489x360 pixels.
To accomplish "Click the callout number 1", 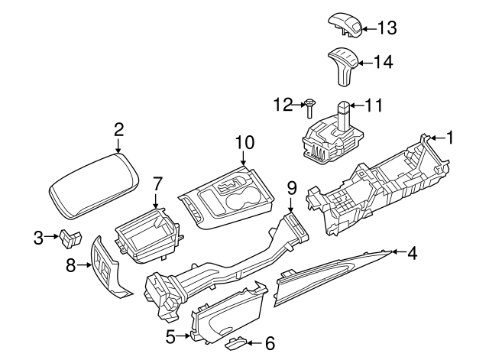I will pos(451,138).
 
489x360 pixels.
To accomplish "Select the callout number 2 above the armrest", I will pos(118,129).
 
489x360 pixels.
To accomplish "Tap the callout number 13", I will pos(387,28).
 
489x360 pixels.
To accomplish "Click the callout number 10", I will pos(244,141).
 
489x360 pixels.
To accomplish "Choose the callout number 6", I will pos(269,343).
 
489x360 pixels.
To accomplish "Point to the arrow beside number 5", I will pos(185,335).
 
